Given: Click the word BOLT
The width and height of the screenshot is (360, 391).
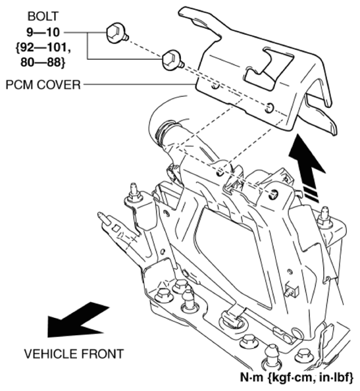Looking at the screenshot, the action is [x=43, y=16].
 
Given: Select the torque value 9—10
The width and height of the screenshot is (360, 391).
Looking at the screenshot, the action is [x=43, y=32].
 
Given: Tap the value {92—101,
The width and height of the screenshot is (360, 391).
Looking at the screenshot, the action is [x=43, y=47].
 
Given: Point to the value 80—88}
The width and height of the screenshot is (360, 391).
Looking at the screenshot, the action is [x=43, y=63].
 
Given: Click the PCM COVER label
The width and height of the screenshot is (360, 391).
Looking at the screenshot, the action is [x=43, y=85].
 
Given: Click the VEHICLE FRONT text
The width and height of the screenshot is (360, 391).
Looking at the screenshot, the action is [x=74, y=354].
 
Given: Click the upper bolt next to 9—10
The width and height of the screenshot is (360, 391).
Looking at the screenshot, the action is [x=117, y=33].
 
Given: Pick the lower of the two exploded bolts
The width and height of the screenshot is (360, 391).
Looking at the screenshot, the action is [x=173, y=61].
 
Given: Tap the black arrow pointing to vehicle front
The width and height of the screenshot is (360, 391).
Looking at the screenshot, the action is [x=77, y=320].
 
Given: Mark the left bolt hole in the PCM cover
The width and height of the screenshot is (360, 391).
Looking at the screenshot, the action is [x=215, y=86].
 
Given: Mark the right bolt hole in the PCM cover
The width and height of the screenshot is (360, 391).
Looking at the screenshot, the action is [x=269, y=108].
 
